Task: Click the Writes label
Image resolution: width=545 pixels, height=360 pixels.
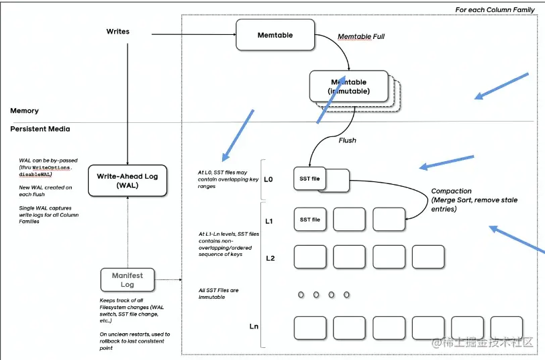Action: [x=118, y=32]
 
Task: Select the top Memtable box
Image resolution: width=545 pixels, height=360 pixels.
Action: [x=275, y=35]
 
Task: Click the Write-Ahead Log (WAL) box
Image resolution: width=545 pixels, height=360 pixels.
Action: [x=127, y=180]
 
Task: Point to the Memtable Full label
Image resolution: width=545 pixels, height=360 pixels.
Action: [x=360, y=36]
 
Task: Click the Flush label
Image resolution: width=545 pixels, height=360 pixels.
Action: [x=347, y=140]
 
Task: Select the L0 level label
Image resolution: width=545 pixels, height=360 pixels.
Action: [x=268, y=179]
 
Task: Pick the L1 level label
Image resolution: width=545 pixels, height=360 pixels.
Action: [x=269, y=221]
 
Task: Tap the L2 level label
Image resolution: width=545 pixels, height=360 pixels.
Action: [x=270, y=257]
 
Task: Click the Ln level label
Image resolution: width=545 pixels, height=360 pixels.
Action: [x=254, y=326]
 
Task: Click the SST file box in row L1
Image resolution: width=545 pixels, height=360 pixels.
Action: [x=310, y=220]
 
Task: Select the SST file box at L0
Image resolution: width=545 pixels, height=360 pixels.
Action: [x=309, y=179]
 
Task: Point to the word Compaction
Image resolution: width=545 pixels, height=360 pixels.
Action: [x=451, y=191]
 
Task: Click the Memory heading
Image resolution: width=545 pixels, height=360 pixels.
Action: [x=24, y=111]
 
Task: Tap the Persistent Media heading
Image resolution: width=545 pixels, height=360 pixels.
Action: [x=40, y=129]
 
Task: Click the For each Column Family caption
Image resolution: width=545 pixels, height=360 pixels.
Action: [x=495, y=9]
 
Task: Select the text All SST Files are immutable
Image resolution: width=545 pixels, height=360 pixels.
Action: [x=218, y=294]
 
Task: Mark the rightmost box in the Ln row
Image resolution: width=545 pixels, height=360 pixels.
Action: [x=506, y=328]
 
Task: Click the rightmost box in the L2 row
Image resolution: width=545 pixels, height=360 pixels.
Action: [x=428, y=257]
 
